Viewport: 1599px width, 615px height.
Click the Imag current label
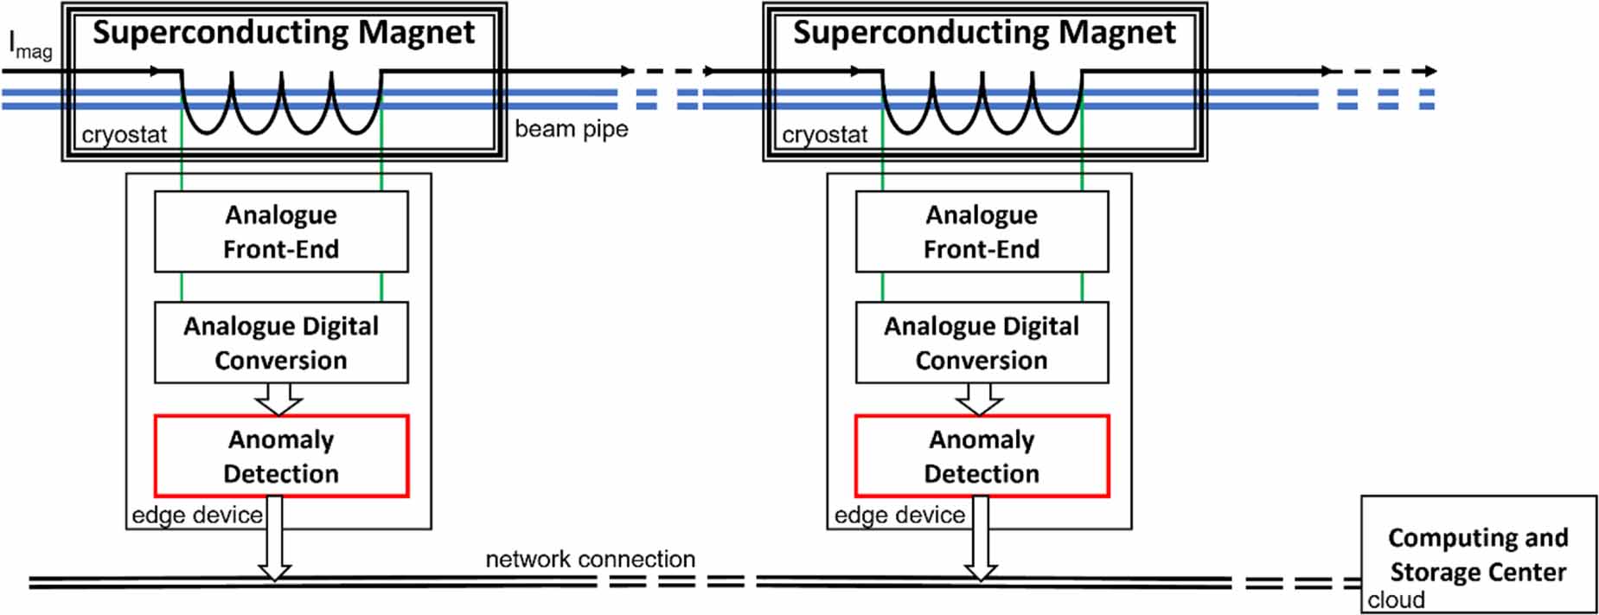(29, 45)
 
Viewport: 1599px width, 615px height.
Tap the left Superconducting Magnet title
(284, 33)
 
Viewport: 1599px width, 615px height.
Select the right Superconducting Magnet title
(984, 33)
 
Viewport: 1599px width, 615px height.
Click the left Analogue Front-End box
(281, 232)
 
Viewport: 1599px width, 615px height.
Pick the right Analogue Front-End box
(982, 232)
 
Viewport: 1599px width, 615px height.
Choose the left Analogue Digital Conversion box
(281, 343)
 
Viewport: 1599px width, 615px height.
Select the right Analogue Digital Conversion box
(982, 343)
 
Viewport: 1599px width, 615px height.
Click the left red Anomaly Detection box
(281, 456)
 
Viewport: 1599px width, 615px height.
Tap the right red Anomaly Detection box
(982, 456)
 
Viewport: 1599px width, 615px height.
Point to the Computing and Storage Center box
(1478, 554)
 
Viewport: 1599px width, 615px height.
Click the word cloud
(1396, 600)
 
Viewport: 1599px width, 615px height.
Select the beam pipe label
(571, 129)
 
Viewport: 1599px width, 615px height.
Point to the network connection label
(590, 559)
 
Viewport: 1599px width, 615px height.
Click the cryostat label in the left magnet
(124, 135)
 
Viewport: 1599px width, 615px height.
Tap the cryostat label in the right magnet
(824, 135)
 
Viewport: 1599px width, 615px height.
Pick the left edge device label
(197, 516)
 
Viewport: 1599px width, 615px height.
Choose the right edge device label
(899, 516)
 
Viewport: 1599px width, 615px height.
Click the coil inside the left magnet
(281, 104)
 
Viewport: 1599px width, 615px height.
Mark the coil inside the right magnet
(982, 104)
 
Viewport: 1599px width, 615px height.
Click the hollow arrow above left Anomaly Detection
(278, 399)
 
